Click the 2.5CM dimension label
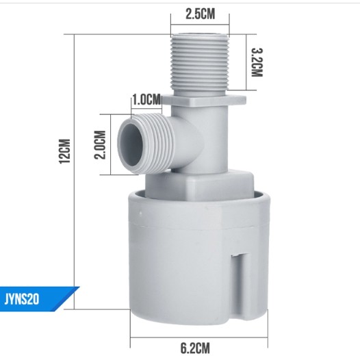click(x=201, y=14)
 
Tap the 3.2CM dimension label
click(x=257, y=62)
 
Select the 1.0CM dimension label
click(x=146, y=100)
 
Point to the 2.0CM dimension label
click(x=100, y=144)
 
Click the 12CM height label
click(x=64, y=151)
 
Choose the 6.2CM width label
click(x=195, y=348)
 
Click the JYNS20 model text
click(x=22, y=299)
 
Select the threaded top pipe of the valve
click(x=200, y=62)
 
